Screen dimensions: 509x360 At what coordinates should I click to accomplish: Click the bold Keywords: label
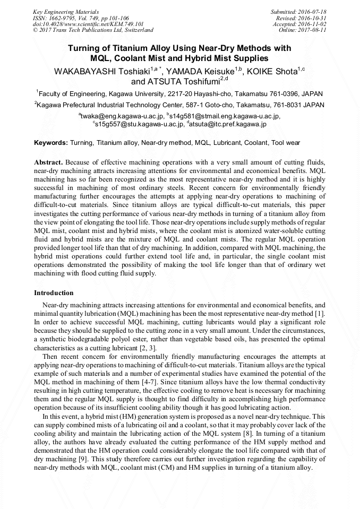point(51,143)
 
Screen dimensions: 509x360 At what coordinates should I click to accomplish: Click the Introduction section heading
point(54,293)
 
